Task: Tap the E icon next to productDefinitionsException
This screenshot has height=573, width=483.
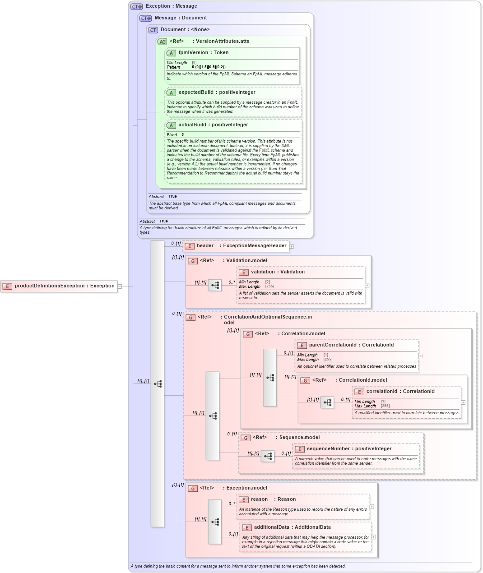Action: (7, 286)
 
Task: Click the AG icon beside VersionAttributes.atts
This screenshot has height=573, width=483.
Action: (162, 42)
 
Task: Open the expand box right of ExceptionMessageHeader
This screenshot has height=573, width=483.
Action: (292, 246)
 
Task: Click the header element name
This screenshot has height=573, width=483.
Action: (205, 246)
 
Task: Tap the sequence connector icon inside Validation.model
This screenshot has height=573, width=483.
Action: (215, 285)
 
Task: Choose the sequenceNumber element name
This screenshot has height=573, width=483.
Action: (349, 449)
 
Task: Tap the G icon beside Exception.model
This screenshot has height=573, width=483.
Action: (193, 488)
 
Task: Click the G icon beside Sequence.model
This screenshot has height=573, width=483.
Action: (246, 438)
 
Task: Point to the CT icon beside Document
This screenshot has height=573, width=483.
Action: (153, 30)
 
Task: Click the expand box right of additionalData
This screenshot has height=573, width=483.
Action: (374, 537)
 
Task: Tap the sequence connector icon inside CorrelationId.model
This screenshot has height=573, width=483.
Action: (327, 402)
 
